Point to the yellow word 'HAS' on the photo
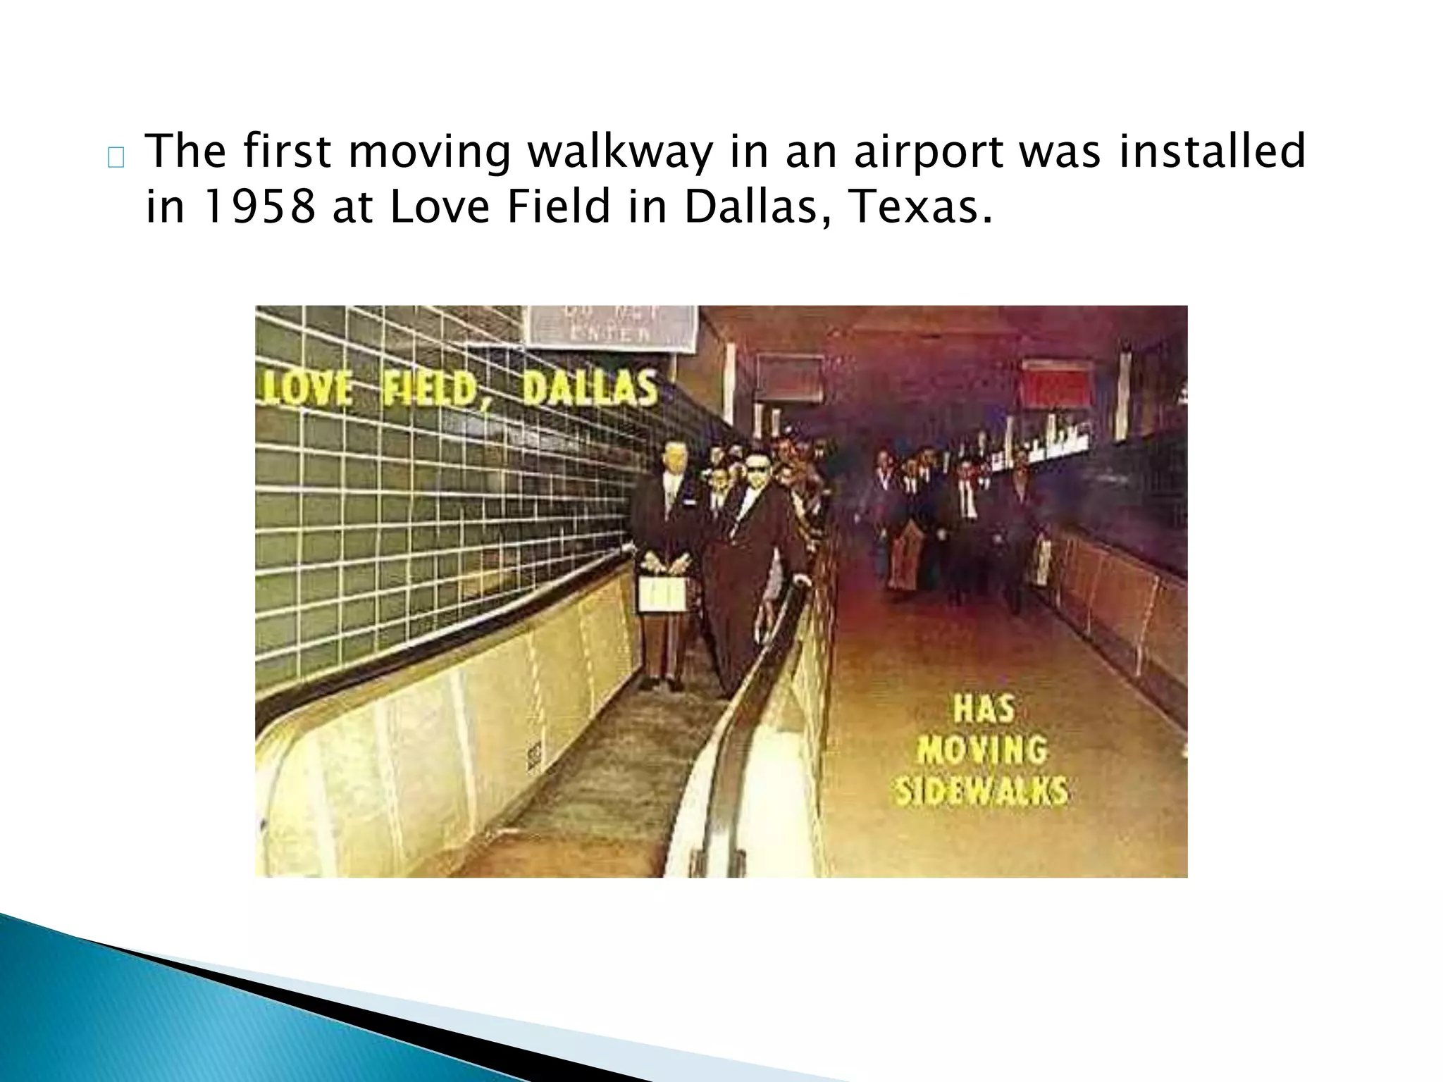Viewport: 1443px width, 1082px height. [x=984, y=709]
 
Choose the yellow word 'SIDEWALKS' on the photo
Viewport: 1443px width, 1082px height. [x=981, y=790]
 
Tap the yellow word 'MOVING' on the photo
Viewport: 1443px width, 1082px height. [x=982, y=750]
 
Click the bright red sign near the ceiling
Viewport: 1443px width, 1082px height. [x=1055, y=384]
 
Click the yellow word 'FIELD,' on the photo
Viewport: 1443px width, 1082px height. [x=430, y=389]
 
